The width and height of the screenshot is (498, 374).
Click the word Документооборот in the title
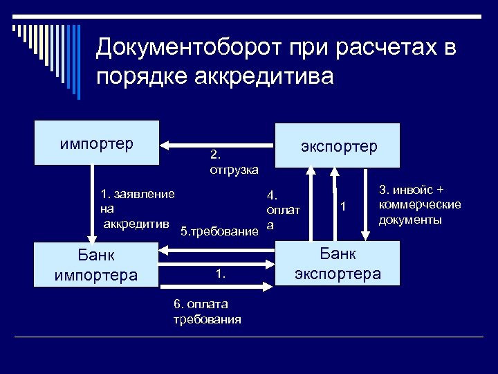click(x=187, y=48)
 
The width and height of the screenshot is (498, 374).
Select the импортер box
click(x=97, y=143)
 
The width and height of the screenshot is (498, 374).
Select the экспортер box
click(x=338, y=145)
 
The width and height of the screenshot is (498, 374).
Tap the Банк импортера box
click(x=96, y=265)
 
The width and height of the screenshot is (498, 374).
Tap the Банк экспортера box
click(x=338, y=263)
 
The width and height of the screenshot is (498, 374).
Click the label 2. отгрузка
click(x=233, y=161)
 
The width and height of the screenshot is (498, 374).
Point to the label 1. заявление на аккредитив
click(x=137, y=208)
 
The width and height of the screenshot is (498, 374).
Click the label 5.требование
click(x=219, y=231)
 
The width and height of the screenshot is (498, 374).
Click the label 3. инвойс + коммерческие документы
click(x=419, y=204)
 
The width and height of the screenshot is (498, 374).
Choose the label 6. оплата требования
click(x=207, y=312)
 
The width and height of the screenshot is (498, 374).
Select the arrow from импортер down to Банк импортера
click(x=94, y=204)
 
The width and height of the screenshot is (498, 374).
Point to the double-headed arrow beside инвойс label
click(x=364, y=204)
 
